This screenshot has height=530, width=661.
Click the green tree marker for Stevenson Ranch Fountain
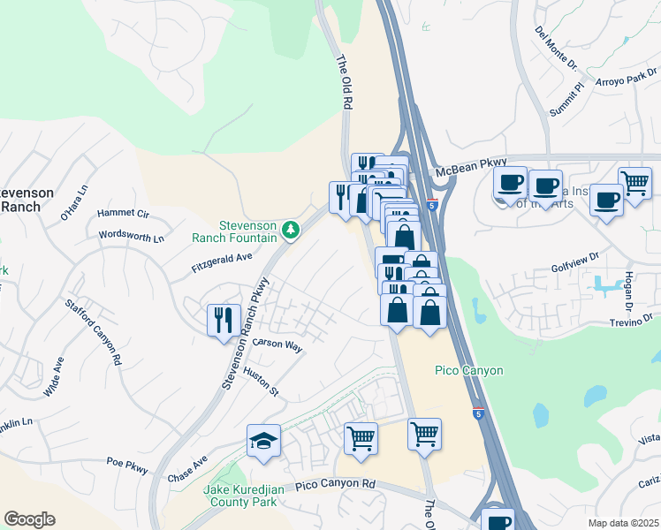pos(291,231)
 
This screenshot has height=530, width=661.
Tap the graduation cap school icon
pos(263,441)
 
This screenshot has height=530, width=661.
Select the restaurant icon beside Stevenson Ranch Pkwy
pos(224,318)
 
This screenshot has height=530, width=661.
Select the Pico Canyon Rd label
pos(336,485)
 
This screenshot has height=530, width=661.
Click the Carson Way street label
pos(277,344)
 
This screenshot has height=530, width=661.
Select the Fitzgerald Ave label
pos(222,261)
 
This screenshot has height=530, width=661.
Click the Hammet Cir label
pos(123,213)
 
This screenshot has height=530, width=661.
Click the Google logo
pos(29,519)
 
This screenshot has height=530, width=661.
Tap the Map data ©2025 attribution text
pos(622,523)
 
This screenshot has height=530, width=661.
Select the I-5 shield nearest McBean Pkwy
pos(431,205)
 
